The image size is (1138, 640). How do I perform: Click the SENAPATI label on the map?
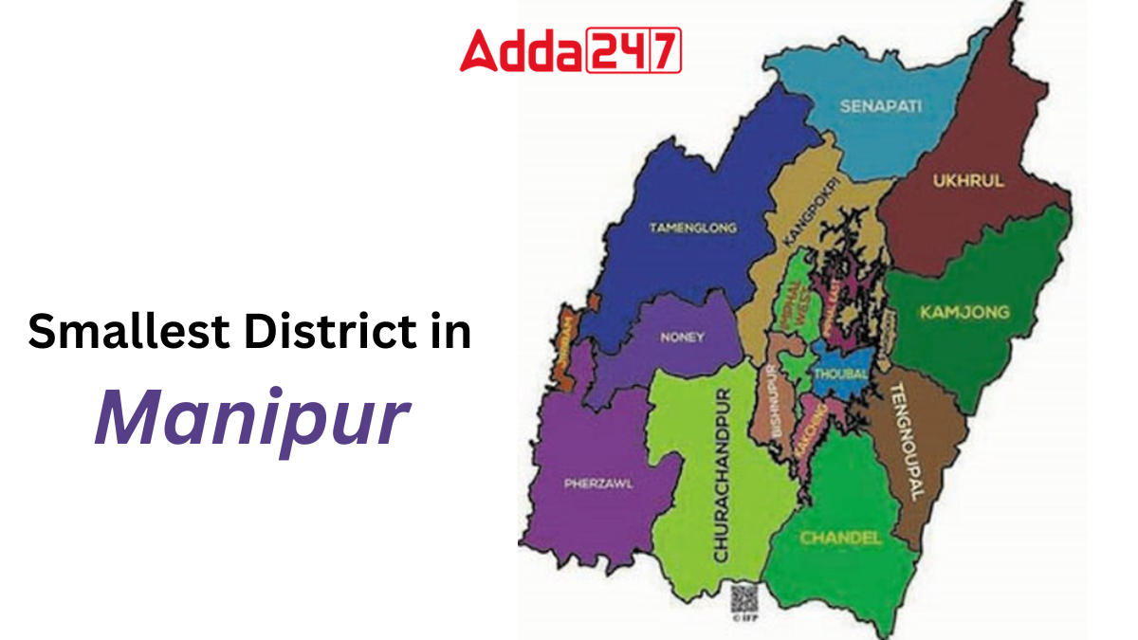point(880,106)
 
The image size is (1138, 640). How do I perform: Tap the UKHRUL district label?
point(967,181)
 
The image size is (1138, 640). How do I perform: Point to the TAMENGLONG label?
point(692,228)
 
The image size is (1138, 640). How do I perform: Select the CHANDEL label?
point(840,538)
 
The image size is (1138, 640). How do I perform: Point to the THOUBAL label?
point(839,374)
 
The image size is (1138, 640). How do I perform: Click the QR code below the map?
point(743,598)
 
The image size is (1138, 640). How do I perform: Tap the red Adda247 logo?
point(570,50)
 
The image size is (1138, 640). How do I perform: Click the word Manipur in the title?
point(251,418)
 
